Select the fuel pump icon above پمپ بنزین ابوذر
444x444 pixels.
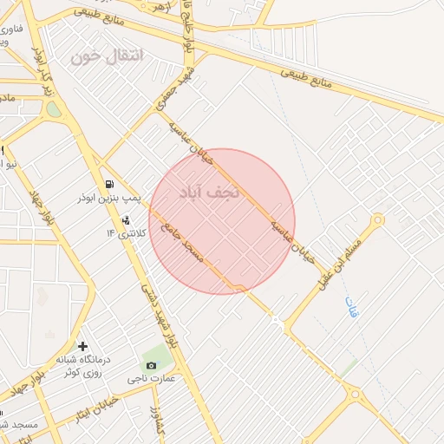tap(109, 184)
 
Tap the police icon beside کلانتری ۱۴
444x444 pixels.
tap(127, 218)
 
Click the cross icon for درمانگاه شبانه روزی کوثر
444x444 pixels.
tap(82, 346)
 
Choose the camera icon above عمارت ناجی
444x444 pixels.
tap(152, 365)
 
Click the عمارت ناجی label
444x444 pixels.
tap(153, 378)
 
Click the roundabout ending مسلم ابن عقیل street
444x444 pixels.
tap(376, 220)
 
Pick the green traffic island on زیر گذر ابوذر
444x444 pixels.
tap(55, 110)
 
